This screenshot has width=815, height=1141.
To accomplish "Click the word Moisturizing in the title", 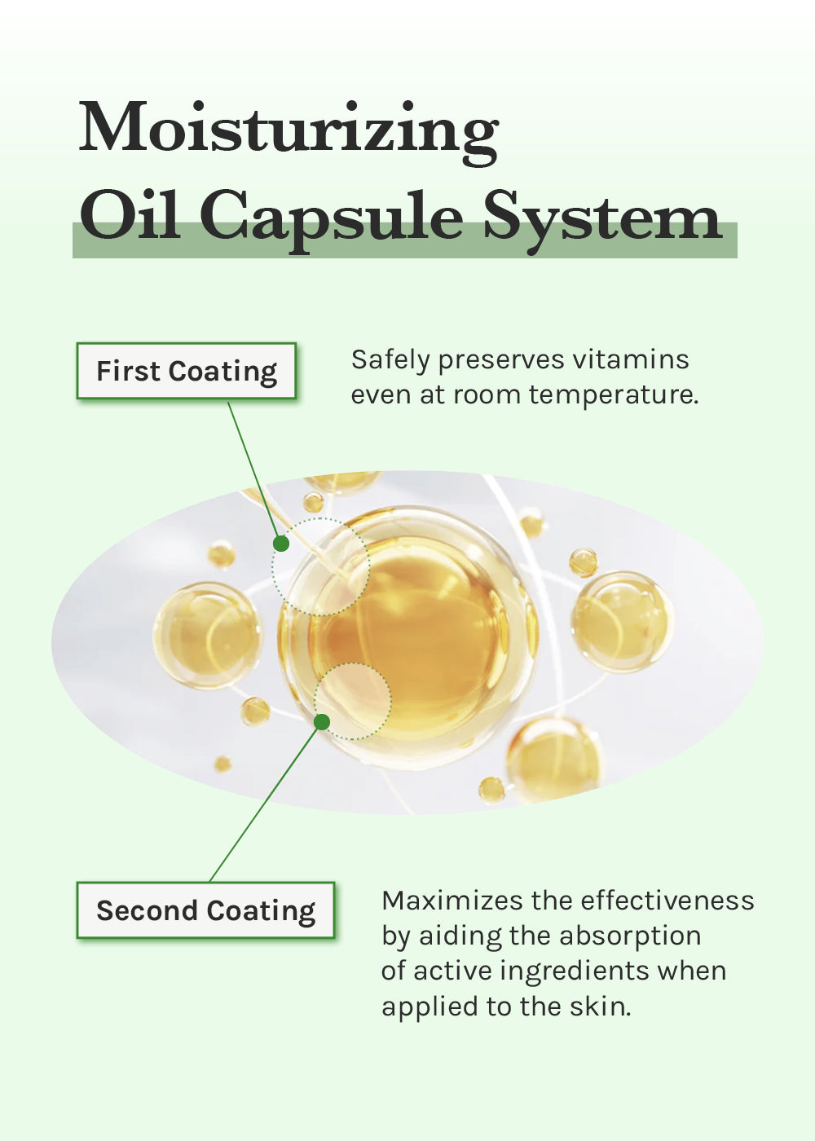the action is [x=289, y=132].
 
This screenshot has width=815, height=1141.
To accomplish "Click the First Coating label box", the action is [x=187, y=370].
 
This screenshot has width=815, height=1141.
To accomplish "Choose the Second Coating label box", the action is [x=205, y=910].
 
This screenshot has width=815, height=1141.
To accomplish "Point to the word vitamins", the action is [x=631, y=359].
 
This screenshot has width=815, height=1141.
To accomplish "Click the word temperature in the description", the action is [x=614, y=395].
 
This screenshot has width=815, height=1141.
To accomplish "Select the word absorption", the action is [x=630, y=936].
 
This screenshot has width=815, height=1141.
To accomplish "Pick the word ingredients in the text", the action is [x=575, y=971].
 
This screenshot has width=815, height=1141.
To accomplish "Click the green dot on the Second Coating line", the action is [x=322, y=722].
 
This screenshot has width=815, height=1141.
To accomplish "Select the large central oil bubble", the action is [x=408, y=637].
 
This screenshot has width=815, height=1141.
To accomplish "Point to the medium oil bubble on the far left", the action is [x=208, y=636].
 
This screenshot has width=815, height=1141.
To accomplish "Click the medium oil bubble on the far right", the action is [x=622, y=621].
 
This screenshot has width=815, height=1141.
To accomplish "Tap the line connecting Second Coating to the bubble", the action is [x=266, y=802].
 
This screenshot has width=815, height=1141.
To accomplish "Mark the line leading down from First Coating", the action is [x=254, y=472].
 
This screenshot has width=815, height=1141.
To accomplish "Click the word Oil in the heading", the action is [x=130, y=214].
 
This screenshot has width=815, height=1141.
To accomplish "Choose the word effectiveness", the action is [x=667, y=900].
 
